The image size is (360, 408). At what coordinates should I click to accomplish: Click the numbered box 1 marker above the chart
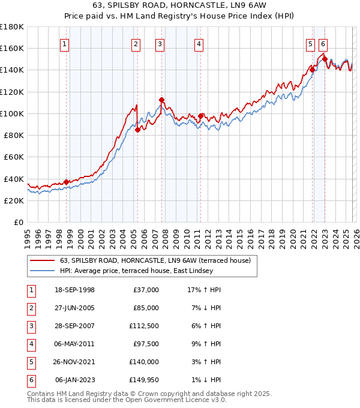[64, 43]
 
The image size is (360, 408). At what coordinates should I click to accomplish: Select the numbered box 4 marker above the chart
[198, 43]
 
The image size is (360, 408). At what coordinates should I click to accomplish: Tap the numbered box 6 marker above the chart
[323, 43]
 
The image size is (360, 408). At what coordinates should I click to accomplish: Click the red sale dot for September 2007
[162, 100]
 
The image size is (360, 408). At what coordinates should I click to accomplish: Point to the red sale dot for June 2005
[138, 130]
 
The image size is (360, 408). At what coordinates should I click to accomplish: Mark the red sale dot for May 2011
[200, 116]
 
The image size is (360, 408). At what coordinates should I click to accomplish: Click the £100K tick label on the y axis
[12, 113]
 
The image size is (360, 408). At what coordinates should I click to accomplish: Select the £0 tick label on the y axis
[18, 223]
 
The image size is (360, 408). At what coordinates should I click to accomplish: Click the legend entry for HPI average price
[136, 271]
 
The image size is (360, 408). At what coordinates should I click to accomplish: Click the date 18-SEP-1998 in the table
[74, 290]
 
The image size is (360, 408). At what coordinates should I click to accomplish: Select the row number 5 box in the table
[31, 362]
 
